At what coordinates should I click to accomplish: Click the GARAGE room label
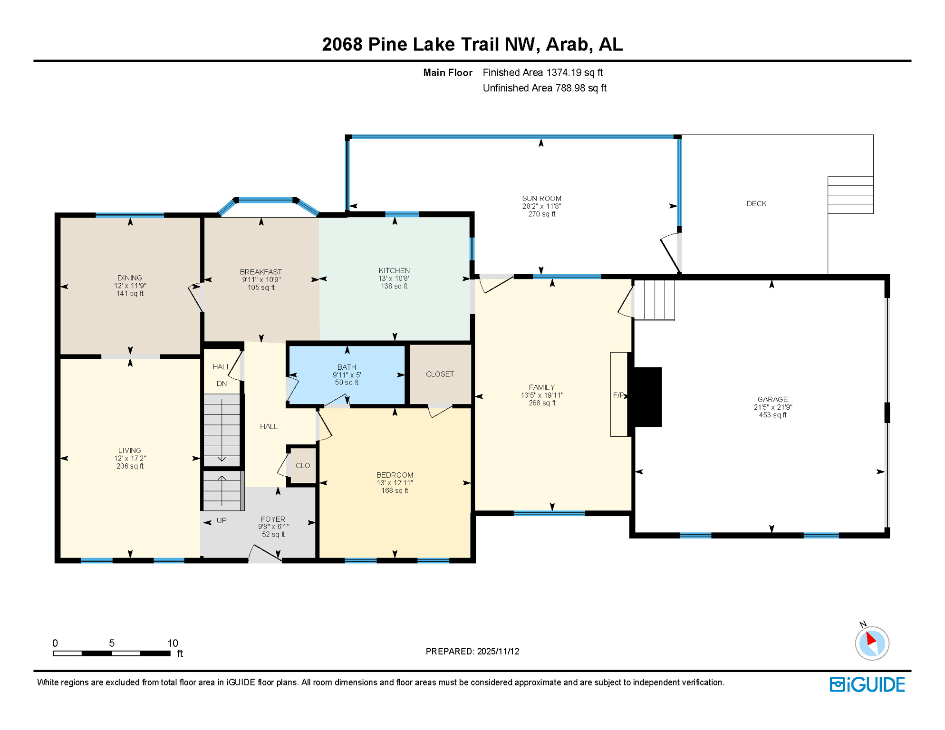pyautogui.click(x=772, y=399)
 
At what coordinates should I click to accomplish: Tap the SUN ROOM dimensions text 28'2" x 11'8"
pyautogui.click(x=541, y=206)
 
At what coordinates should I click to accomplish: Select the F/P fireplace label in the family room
pyautogui.click(x=618, y=395)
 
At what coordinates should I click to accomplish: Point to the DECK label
pyautogui.click(x=756, y=203)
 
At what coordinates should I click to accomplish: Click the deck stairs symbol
pyautogui.click(x=850, y=195)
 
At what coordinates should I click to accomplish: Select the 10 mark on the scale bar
pyautogui.click(x=173, y=643)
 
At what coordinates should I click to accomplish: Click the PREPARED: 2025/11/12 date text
pyautogui.click(x=472, y=651)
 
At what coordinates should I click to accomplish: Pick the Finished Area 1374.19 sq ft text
pyautogui.click(x=542, y=73)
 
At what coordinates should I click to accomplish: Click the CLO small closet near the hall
pyautogui.click(x=303, y=465)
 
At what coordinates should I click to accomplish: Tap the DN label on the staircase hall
pyautogui.click(x=222, y=384)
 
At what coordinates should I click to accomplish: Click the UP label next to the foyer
pyautogui.click(x=222, y=520)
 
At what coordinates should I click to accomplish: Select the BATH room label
pyautogui.click(x=347, y=367)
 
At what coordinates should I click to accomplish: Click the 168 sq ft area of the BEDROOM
pyautogui.click(x=395, y=490)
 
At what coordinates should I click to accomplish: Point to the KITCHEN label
pyautogui.click(x=394, y=270)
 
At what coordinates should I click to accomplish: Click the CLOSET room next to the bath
pyautogui.click(x=440, y=374)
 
